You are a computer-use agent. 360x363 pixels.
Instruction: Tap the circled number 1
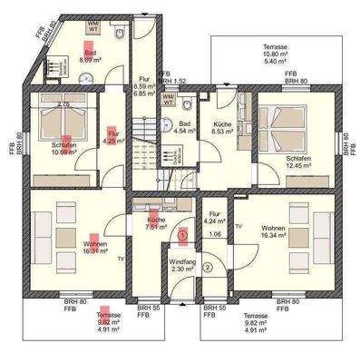[182, 234]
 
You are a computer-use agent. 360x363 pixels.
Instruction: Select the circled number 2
[207, 267]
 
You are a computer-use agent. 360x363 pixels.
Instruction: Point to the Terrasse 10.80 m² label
[275, 48]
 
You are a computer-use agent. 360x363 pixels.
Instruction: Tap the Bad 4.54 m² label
[184, 127]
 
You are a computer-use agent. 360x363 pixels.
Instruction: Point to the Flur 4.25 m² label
[112, 137]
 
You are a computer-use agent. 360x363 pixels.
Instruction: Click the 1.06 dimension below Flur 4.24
[216, 234]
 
